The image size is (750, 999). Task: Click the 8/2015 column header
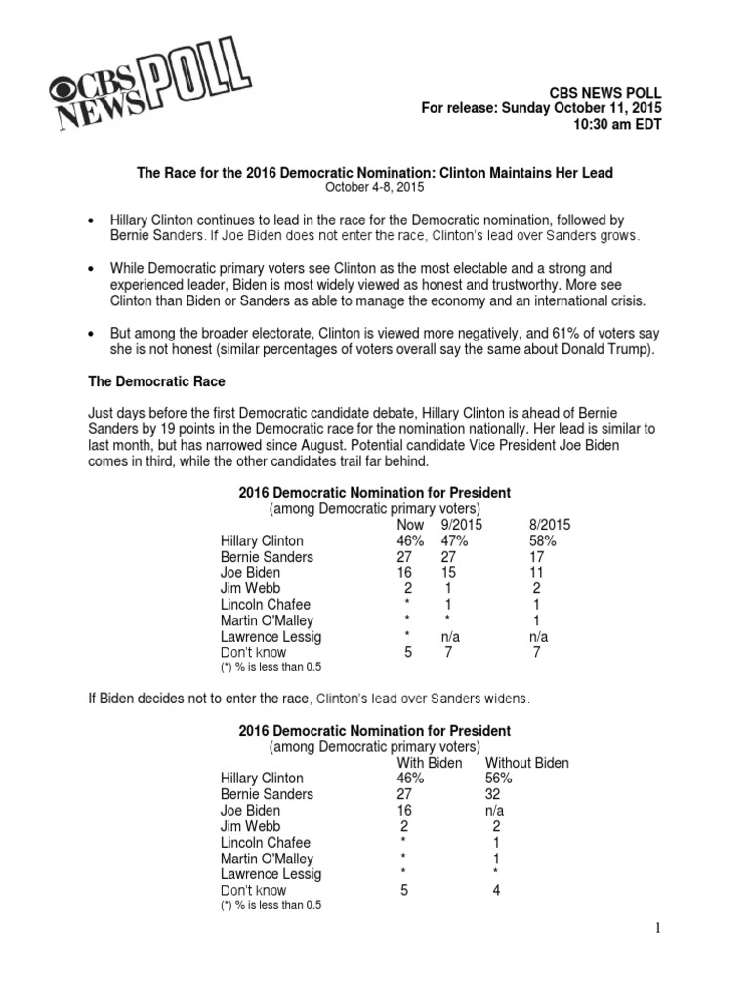pyautogui.click(x=549, y=524)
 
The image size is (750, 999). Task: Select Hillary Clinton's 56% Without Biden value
pyautogui.click(x=498, y=779)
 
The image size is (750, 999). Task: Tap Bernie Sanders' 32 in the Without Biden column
pyautogui.click(x=493, y=794)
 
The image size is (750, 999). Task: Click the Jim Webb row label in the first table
pyautogui.click(x=250, y=588)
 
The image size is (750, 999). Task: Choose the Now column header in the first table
pyautogui.click(x=410, y=524)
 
